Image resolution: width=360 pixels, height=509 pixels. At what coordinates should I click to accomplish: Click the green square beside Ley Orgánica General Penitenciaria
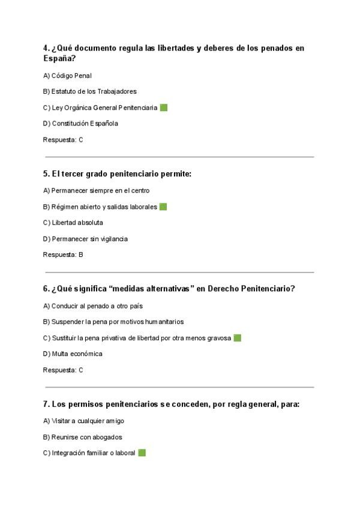tap(164, 108)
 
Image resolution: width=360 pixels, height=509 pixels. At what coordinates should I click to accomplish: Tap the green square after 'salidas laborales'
tap(163, 207)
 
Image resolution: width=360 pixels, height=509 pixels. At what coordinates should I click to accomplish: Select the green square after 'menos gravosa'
tap(238, 338)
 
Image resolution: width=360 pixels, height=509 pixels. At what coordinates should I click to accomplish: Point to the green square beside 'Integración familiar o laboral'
tap(142, 453)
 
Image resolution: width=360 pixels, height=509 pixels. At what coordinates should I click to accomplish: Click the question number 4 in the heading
tap(46, 48)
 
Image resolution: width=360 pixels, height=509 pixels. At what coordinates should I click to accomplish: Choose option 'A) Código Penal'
tap(67, 76)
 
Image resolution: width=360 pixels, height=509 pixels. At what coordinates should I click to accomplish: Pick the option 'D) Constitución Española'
tap(80, 124)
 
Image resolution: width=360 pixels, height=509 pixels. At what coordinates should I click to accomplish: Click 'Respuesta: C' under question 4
tap(63, 140)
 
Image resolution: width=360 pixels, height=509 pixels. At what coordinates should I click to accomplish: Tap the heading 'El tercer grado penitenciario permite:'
tap(117, 174)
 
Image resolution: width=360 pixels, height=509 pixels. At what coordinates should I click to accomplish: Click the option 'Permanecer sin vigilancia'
tap(89, 239)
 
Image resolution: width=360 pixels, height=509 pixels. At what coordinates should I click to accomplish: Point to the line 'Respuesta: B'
tap(63, 254)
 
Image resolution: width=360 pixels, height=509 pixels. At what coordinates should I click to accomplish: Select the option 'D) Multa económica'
tap(73, 354)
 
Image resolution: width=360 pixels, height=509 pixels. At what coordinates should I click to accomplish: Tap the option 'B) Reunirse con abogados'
tap(83, 437)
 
